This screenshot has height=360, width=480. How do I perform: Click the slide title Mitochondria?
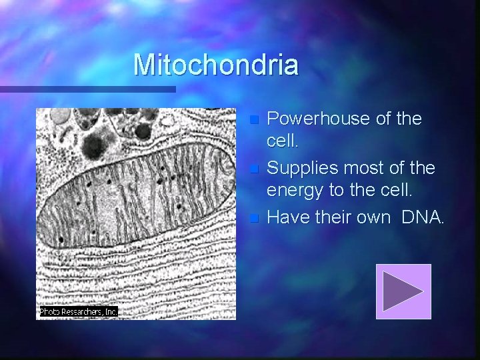click(x=215, y=65)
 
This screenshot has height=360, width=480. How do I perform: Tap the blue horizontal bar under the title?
click(x=87, y=89)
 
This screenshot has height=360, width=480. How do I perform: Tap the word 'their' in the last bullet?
click(x=331, y=217)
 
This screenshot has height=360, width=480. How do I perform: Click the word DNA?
click(x=423, y=217)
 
